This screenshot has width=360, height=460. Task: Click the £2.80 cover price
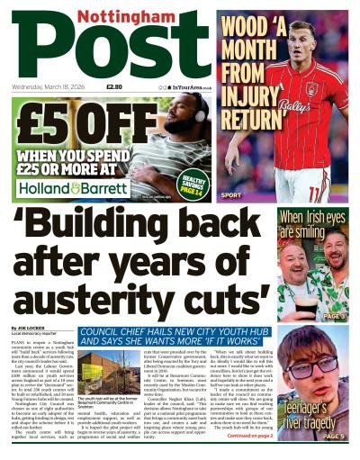pyautogui.click(x=114, y=87)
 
